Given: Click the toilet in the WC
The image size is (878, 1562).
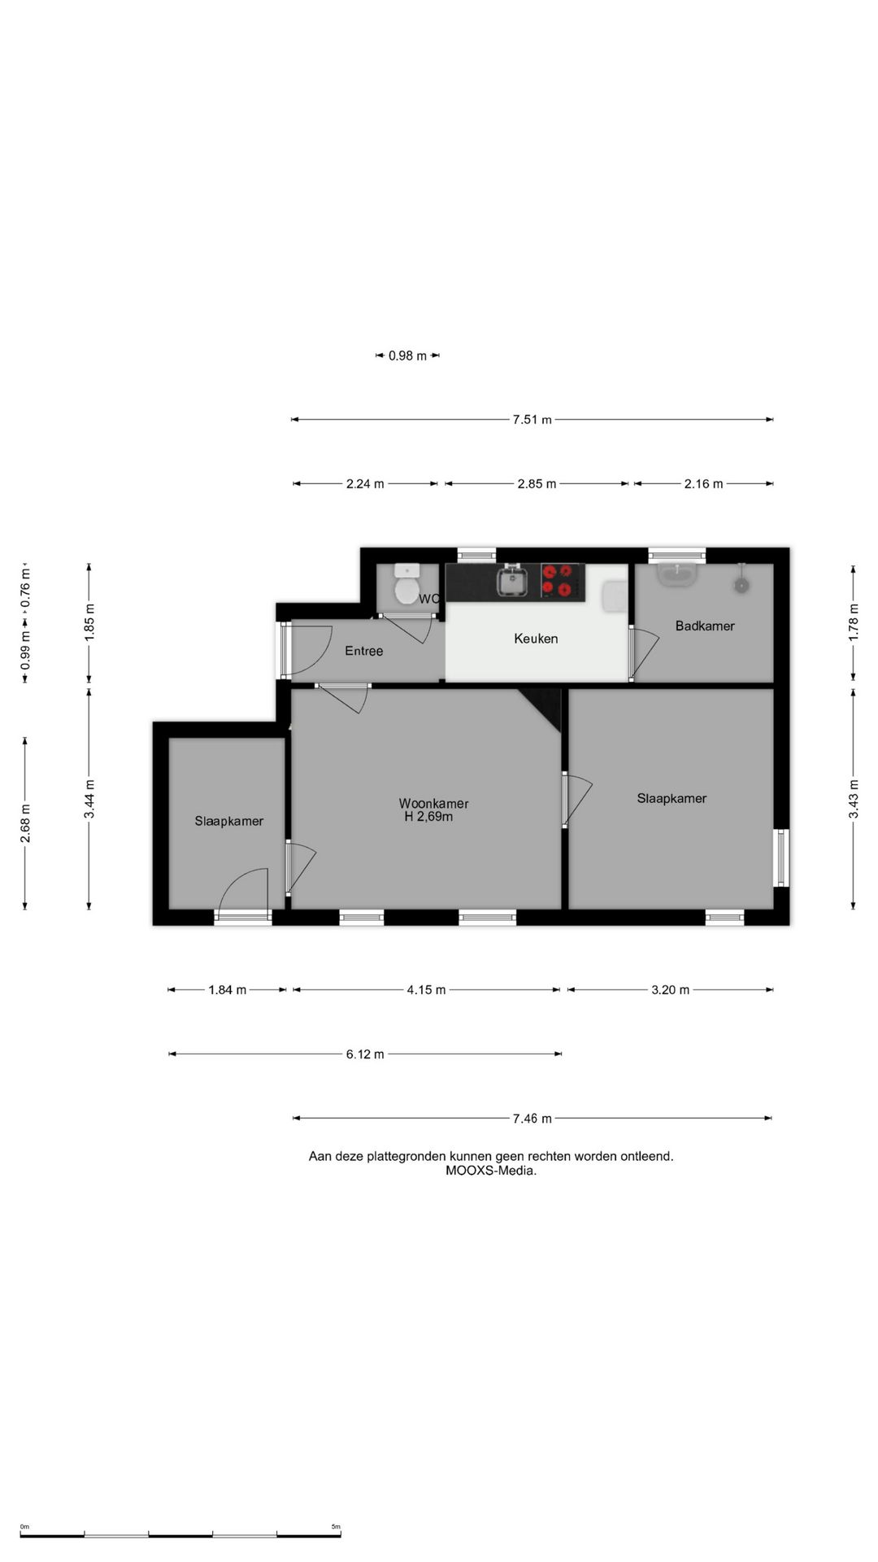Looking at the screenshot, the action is (406, 584).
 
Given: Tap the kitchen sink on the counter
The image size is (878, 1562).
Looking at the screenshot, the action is (513, 581).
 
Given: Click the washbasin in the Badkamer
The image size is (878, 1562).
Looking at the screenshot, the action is (677, 574).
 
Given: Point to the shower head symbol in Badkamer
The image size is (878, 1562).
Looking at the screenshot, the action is (741, 582).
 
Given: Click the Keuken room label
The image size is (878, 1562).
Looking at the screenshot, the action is (536, 639).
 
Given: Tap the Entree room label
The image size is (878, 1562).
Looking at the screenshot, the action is (363, 651).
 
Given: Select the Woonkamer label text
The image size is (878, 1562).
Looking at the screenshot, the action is (433, 804).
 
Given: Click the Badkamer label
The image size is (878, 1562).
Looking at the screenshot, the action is (705, 626).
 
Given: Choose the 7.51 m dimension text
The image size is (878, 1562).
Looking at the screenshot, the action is (532, 420).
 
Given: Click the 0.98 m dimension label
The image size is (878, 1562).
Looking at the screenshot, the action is (407, 356).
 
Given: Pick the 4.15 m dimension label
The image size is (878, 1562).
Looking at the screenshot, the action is (426, 990).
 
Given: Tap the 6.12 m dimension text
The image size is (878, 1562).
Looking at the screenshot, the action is (365, 1054).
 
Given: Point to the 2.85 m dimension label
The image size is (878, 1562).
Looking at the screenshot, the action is (537, 484).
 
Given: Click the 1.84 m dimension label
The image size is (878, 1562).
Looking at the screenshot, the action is (228, 990).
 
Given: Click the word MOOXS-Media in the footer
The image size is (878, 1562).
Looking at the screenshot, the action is (491, 1171).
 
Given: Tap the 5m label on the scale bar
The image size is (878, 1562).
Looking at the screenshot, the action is (336, 1527).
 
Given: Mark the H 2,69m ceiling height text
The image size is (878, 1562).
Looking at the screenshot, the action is (428, 817).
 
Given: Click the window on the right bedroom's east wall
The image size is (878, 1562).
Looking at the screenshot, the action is (781, 857).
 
